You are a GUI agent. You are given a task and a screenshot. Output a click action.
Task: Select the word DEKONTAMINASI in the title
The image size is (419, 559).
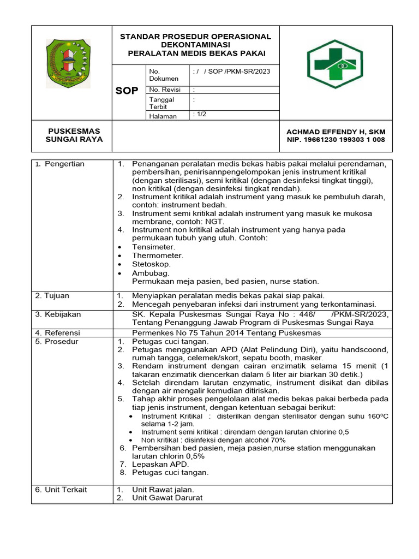(x=196, y=45)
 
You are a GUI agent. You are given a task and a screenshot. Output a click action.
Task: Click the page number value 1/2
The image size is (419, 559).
(x=200, y=114)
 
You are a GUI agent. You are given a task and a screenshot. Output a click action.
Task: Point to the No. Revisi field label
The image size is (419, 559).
(x=165, y=90)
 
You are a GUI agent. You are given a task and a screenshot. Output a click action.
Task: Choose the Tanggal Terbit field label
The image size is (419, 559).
(x=161, y=103)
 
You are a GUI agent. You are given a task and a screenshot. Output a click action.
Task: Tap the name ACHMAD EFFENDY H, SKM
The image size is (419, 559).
(x=336, y=132)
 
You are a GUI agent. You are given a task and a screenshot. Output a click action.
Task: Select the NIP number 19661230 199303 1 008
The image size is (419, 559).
(x=336, y=140)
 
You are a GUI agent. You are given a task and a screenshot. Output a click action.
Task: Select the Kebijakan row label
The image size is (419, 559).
(x=58, y=314)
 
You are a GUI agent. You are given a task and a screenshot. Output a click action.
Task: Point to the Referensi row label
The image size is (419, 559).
(x=57, y=333)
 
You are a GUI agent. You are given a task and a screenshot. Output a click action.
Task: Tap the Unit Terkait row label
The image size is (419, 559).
(x=61, y=490)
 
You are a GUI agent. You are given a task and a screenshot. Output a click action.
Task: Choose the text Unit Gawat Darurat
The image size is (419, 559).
(x=167, y=498)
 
